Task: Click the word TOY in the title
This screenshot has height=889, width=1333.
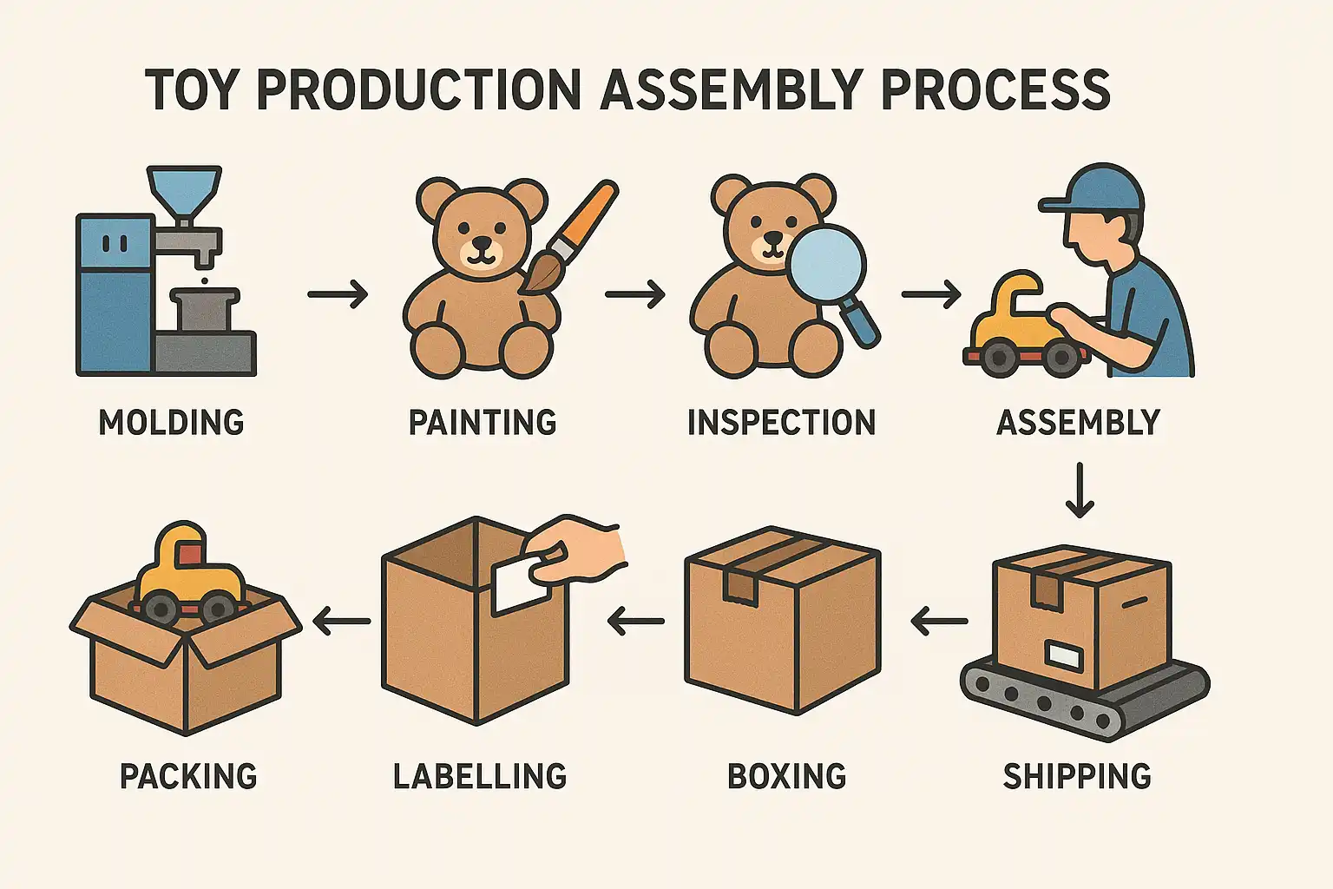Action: (x=188, y=90)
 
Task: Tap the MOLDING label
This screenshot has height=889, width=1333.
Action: (x=171, y=422)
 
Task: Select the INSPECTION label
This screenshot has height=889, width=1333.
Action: (x=781, y=422)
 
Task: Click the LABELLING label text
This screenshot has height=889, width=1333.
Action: (x=480, y=776)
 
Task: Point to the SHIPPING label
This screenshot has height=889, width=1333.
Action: (x=1077, y=776)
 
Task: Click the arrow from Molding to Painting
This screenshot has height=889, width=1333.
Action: (x=338, y=294)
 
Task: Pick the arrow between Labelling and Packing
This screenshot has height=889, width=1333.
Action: (x=342, y=622)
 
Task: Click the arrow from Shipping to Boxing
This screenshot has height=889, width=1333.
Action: (x=939, y=622)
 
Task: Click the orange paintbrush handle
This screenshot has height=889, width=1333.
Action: (x=584, y=215)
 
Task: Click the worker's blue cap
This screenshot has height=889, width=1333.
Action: (x=1095, y=190)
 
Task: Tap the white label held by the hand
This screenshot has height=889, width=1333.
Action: (x=519, y=583)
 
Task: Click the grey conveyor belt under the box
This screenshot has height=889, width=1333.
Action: (x=1084, y=698)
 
